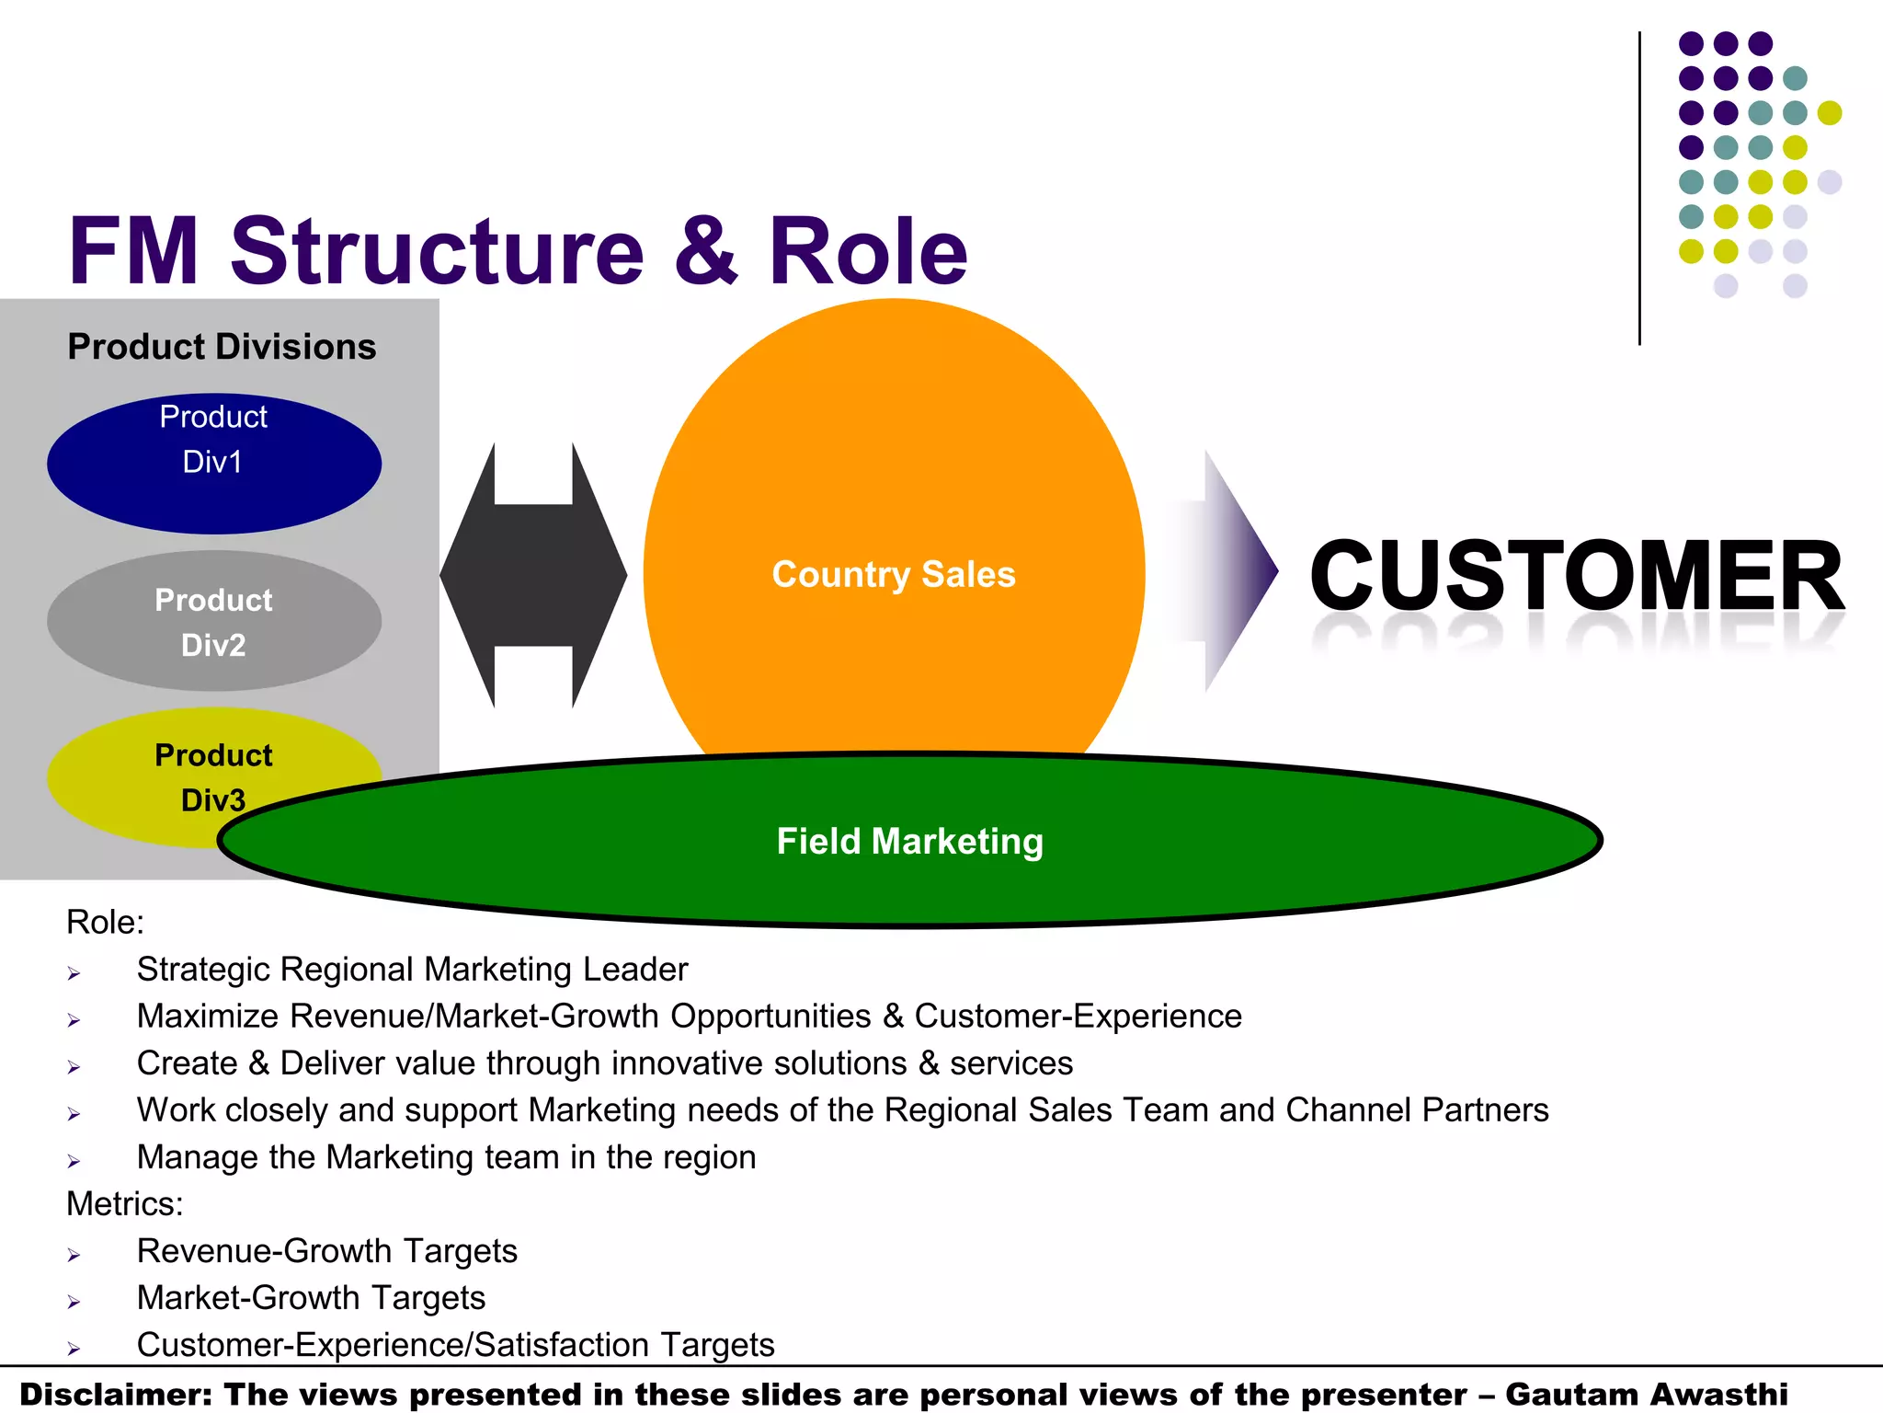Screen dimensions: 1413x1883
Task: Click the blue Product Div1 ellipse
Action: click(213, 463)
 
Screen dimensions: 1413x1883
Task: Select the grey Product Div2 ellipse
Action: click(213, 621)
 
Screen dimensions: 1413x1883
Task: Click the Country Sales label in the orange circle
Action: click(893, 574)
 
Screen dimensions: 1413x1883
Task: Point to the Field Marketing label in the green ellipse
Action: click(909, 841)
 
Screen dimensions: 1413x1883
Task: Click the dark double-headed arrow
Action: click(533, 575)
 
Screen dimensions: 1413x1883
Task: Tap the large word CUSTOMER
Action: click(1576, 577)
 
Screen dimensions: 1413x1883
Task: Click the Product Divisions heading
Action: click(222, 347)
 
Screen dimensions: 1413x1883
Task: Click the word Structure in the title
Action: click(437, 250)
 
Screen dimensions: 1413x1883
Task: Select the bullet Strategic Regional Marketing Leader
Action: click(412, 970)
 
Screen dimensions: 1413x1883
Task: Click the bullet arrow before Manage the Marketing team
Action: click(74, 1161)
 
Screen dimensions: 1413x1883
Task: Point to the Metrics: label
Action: click(125, 1204)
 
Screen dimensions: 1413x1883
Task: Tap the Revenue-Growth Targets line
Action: click(326, 1251)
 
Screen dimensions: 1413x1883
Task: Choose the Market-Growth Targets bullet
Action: click(311, 1298)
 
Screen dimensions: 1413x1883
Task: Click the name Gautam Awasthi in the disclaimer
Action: click(1646, 1395)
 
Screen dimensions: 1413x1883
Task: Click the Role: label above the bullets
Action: click(105, 923)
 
